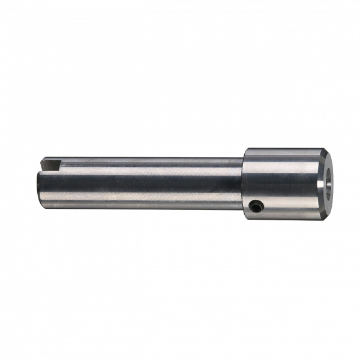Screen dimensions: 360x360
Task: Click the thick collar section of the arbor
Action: point(282,183)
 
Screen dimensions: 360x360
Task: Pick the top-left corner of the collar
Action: point(244,149)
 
